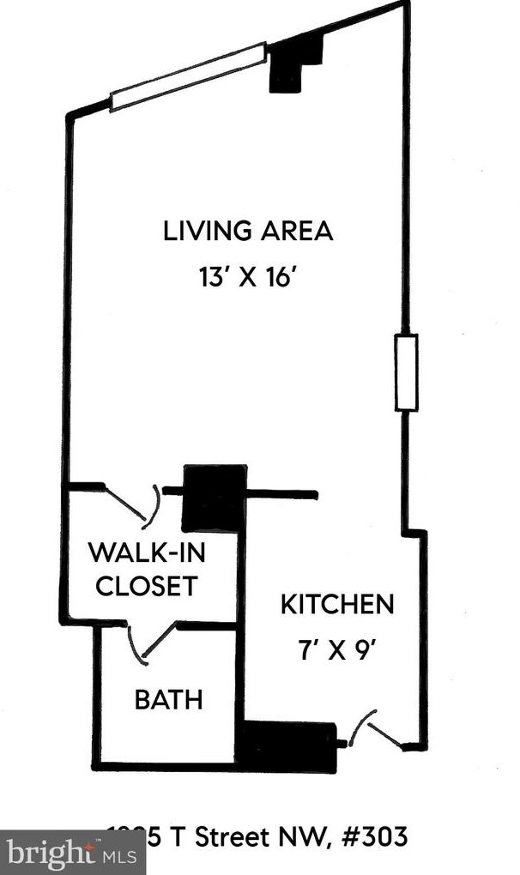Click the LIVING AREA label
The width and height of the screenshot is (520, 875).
[248, 231]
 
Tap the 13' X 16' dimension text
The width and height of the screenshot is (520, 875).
[248, 278]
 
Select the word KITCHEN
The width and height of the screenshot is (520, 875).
[337, 604]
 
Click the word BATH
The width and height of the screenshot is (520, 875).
[168, 699]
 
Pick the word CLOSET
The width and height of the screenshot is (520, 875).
[146, 587]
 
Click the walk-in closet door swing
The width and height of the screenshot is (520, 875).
[133, 504]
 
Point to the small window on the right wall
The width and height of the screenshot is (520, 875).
[406, 373]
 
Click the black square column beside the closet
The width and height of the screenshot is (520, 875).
[215, 498]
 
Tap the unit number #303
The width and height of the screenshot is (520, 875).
[377, 835]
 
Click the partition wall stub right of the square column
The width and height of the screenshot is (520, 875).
[282, 494]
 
